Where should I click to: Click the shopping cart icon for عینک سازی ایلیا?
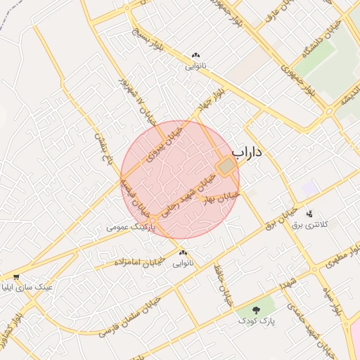pos(16,276)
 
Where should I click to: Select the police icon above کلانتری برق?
pos(310,213)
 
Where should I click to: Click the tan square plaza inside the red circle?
pos(226,167)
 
